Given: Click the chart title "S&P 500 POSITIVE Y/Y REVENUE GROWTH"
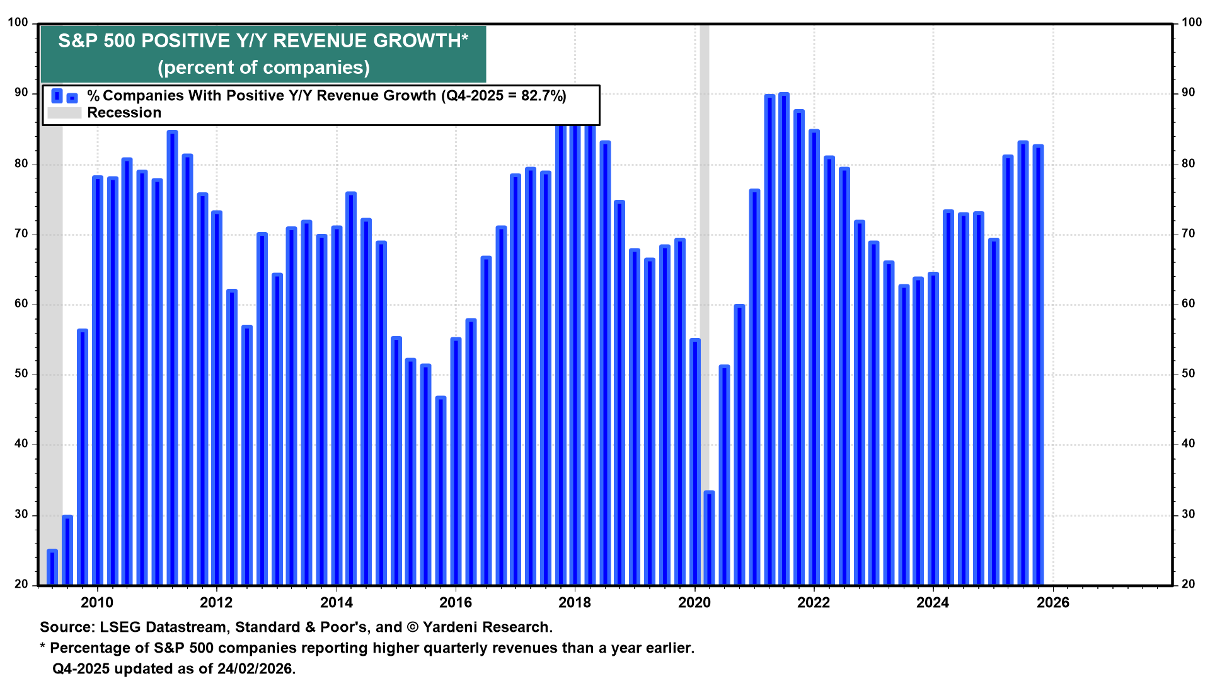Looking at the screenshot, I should click(263, 41).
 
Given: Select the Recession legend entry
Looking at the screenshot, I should click(124, 113).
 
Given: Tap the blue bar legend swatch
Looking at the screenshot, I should click(64, 96).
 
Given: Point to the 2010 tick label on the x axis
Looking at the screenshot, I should click(97, 603).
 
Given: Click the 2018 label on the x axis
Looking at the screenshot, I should click(575, 603).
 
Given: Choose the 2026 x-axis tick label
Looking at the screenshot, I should click(1052, 603).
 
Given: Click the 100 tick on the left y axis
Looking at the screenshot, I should click(18, 23).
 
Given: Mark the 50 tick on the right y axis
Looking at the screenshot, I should click(1188, 374).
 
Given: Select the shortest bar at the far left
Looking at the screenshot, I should click(52, 567).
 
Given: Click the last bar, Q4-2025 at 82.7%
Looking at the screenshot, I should click(1038, 366).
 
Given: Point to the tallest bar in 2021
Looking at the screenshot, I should click(784, 340).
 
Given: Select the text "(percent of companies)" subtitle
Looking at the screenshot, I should click(263, 67).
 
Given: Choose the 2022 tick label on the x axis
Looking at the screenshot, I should click(814, 603).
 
